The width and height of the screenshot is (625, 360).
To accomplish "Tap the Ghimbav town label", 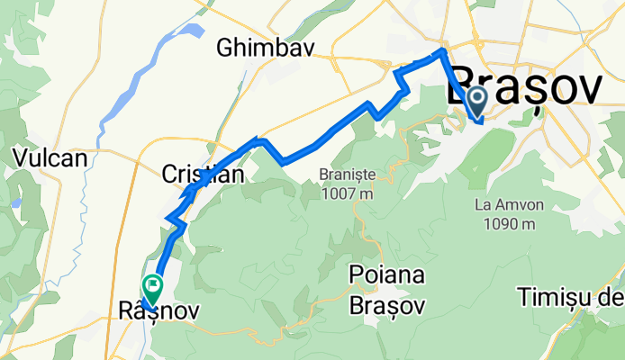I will [x=266, y=49].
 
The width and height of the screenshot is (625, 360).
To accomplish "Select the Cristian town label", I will [x=203, y=175].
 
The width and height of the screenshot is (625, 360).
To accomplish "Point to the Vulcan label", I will [x=50, y=157].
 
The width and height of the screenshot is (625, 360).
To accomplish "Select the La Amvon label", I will [x=506, y=204].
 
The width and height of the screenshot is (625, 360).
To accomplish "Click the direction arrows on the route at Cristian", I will [x=191, y=189].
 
